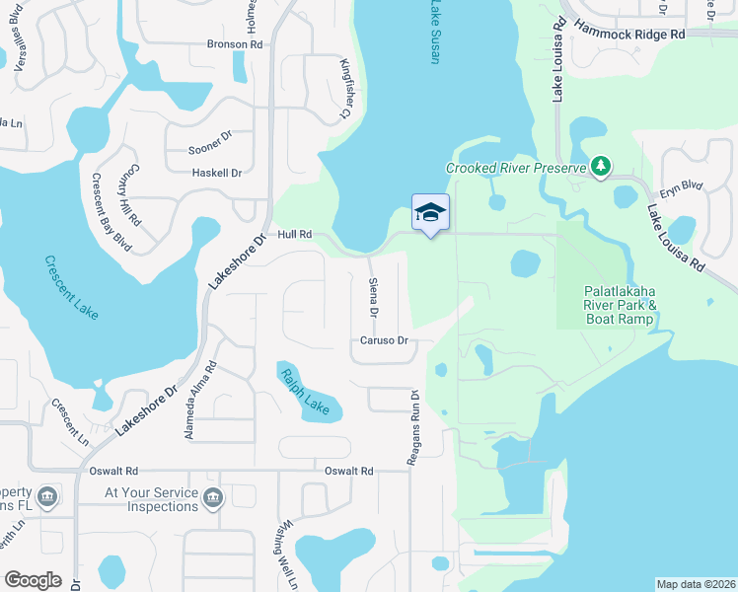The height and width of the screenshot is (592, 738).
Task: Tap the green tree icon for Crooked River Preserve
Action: click(600, 166)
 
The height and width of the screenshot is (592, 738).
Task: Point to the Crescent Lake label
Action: click(72, 287)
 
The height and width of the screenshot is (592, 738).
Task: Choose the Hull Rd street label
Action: click(295, 235)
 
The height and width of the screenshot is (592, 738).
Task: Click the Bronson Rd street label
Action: click(234, 44)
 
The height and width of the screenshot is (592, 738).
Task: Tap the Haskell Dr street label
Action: click(215, 173)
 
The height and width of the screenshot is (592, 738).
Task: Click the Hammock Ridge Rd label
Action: click(629, 33)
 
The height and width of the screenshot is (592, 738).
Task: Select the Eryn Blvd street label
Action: click(680, 184)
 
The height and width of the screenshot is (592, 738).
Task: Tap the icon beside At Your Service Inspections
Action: click(212, 499)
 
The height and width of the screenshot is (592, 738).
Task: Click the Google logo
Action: click(34, 580)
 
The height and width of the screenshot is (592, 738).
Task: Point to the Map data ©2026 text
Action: click(695, 584)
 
